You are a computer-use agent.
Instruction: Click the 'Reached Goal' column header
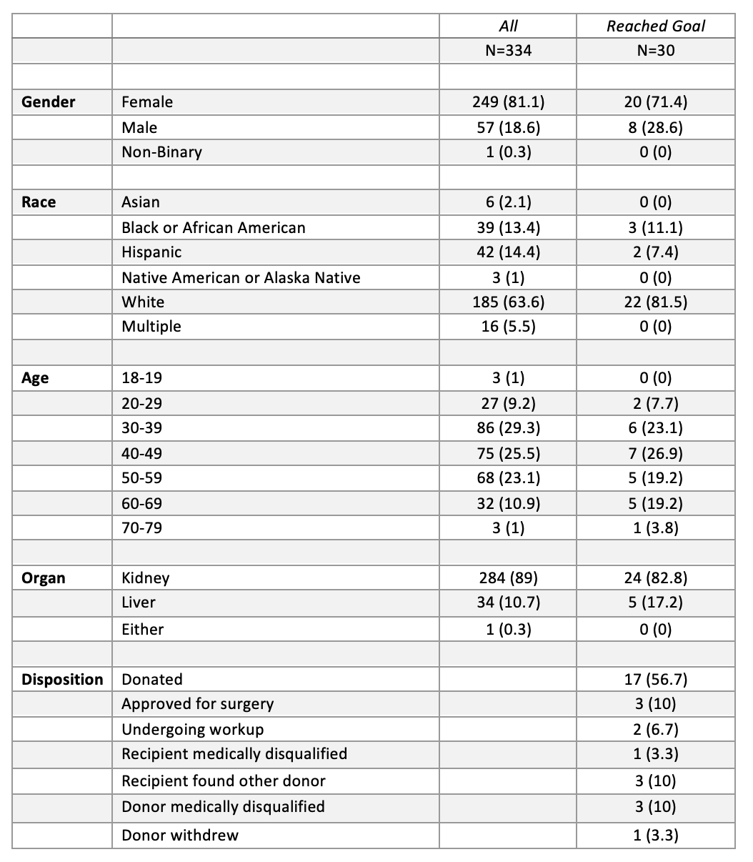[655, 26]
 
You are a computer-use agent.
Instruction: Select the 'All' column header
[508, 26]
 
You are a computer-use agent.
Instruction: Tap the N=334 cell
[508, 51]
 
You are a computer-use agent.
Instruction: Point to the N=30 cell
[655, 51]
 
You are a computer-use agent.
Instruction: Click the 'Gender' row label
[48, 102]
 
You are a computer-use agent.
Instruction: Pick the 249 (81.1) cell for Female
[508, 102]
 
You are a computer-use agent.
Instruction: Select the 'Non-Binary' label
[161, 152]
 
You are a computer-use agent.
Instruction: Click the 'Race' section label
[39, 202]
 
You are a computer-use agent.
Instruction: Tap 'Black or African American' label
[213, 228]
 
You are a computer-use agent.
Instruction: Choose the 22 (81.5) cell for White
[655, 302]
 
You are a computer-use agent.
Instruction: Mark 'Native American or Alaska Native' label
[241, 277]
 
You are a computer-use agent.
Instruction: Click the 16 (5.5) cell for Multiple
[508, 327]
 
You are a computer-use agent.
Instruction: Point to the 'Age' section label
[35, 378]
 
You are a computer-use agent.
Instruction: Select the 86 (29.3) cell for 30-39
[508, 428]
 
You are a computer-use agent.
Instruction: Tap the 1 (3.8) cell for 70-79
[655, 528]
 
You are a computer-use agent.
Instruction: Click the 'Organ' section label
[44, 578]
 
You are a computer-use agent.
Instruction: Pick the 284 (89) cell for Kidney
[508, 578]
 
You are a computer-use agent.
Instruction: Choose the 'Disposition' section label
[62, 680]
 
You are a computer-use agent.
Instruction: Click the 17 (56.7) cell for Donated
[655, 680]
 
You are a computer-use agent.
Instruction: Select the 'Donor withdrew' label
[180, 835]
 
